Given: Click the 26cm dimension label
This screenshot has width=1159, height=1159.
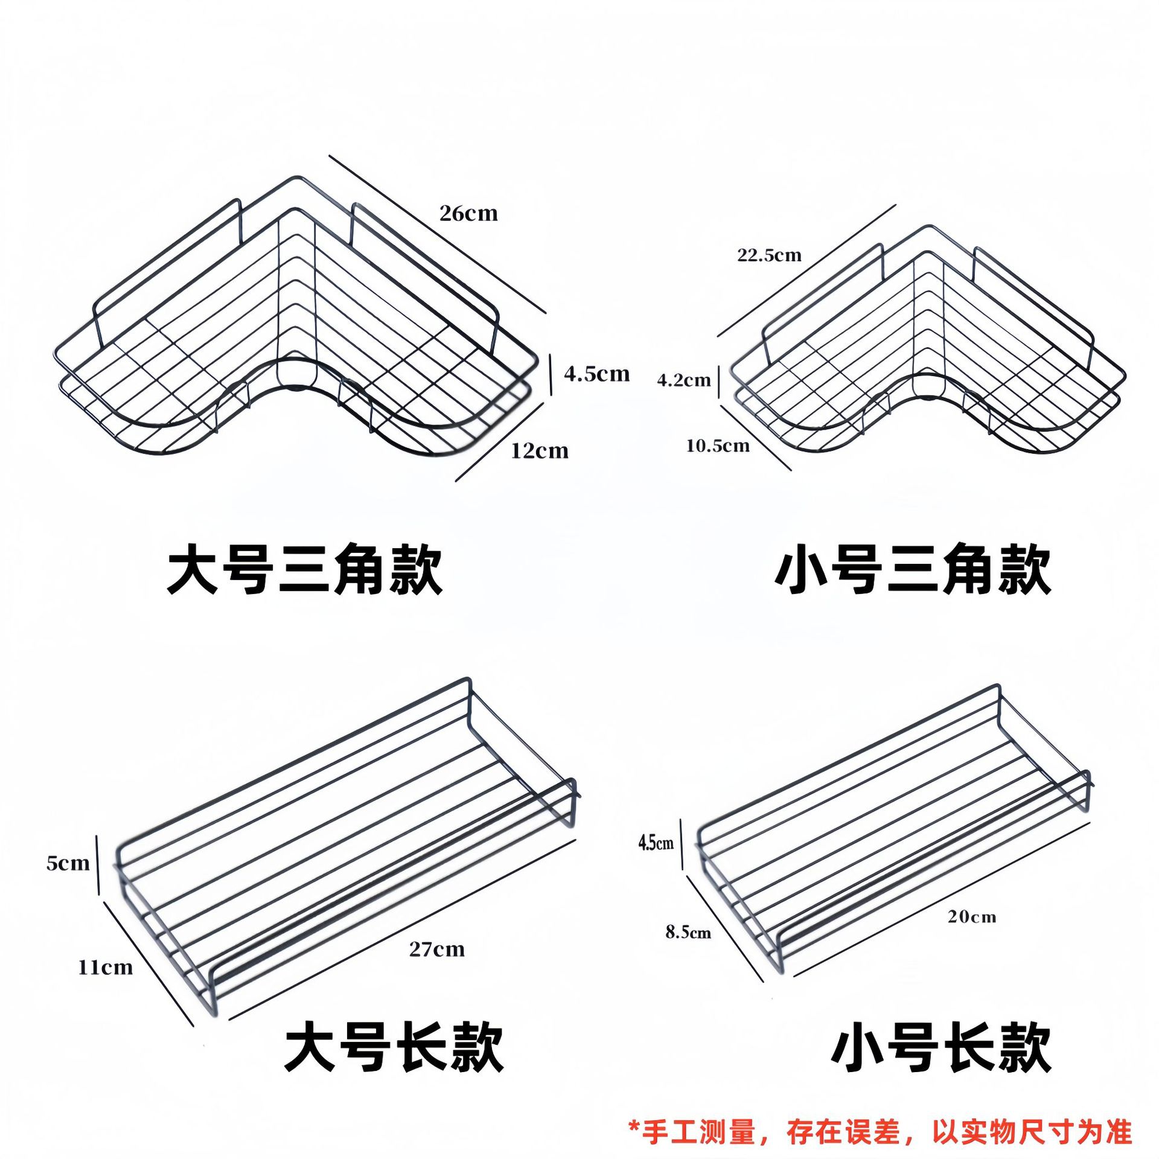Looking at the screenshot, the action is tap(468, 214).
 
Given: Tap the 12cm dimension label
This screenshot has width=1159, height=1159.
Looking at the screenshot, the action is tap(540, 451).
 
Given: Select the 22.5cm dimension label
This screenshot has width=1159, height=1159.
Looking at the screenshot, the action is tap(769, 255).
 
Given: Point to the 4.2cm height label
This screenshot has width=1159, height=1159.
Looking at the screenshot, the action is tap(684, 380).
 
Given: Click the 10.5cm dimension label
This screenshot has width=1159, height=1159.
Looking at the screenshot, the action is tap(718, 446).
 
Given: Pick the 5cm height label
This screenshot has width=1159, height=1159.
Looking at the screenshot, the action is tap(68, 863).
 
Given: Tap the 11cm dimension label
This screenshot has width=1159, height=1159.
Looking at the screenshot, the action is tap(105, 968).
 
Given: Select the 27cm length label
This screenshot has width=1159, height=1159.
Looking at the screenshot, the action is tap(437, 950).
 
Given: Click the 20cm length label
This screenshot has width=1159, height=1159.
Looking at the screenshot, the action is tap(971, 917).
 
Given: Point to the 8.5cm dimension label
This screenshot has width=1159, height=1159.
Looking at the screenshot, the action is tap(688, 933).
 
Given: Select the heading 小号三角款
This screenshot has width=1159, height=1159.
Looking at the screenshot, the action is tap(913, 569).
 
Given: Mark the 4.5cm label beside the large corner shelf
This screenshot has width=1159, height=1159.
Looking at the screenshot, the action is tap(597, 374).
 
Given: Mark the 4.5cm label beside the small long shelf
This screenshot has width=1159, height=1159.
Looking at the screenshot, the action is tap(656, 843).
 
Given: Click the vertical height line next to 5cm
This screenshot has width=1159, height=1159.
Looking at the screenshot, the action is tap(98, 864).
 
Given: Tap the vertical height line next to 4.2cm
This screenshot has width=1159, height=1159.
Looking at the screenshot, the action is tap(719, 380).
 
